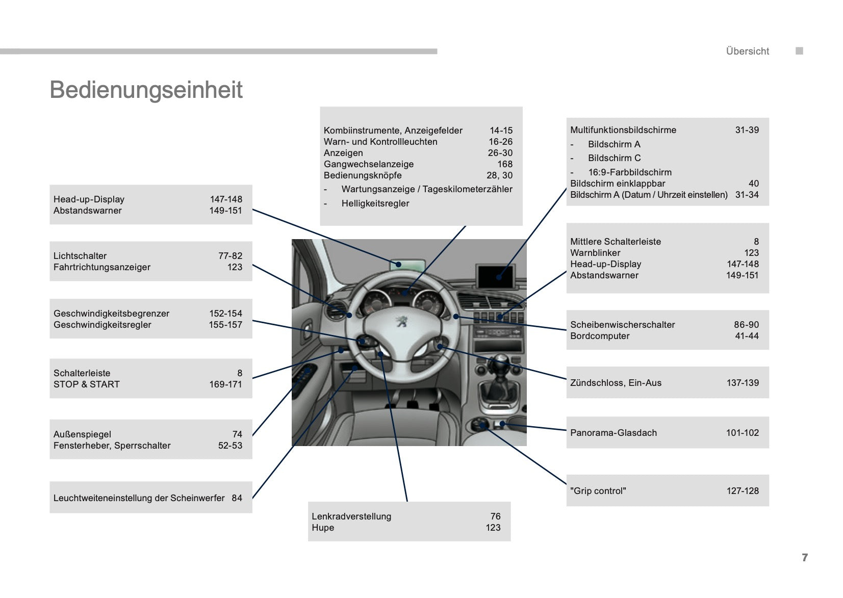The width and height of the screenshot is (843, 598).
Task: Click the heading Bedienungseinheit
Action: [146, 90]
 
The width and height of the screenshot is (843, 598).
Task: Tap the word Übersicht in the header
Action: [747, 51]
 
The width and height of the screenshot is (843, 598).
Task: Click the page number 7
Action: [805, 557]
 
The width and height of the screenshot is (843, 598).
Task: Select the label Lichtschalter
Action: [80, 256]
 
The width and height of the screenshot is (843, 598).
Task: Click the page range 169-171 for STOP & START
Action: [225, 384]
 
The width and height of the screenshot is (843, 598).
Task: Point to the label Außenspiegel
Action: [82, 434]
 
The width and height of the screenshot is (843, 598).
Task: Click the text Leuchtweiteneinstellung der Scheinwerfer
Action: [139, 498]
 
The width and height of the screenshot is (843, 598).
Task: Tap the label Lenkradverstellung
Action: [351, 516]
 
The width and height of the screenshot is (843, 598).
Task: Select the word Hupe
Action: [323, 528]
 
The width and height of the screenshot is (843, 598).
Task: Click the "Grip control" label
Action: [598, 491]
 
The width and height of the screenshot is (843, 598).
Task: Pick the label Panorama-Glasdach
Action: [614, 433]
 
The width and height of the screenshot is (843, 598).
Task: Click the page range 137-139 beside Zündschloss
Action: [743, 383]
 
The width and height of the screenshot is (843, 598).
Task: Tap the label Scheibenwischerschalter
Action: [622, 325]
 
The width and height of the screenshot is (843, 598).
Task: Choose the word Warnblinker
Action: [595, 253]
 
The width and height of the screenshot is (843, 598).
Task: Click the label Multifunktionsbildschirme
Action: [623, 130]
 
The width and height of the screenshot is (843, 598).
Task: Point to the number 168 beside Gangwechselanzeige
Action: [505, 164]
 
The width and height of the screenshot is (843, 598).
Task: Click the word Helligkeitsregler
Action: [375, 203]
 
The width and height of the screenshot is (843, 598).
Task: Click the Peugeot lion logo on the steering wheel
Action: [402, 321]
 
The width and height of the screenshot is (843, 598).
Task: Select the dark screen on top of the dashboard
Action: [497, 276]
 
